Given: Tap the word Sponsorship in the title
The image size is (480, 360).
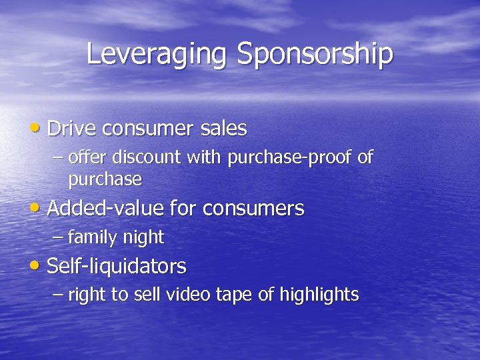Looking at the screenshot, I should [315, 55].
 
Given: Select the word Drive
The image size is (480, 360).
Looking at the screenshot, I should [71, 128].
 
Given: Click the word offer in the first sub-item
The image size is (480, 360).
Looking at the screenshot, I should [89, 158].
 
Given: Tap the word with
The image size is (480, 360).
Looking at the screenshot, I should [205, 158].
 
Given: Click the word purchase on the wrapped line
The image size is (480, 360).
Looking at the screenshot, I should [105, 179].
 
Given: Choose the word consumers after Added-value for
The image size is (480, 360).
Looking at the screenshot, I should [253, 209].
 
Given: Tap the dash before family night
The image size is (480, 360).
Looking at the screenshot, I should [59, 237].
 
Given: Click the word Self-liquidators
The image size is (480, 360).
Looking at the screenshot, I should [117, 266].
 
